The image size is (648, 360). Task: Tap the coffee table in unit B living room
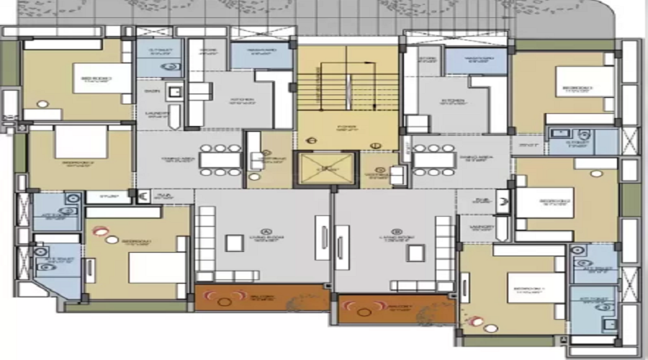pyautogui.click(x=414, y=252)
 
